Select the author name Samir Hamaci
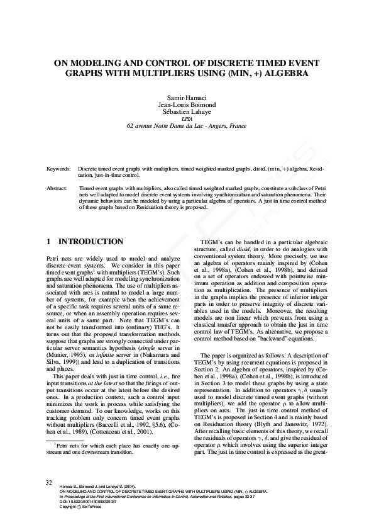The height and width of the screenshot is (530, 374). point(187,98)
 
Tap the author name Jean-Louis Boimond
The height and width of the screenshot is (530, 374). point(187,104)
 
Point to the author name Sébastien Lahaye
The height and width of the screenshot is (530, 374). point(187,111)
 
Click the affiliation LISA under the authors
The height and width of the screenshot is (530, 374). point(187,118)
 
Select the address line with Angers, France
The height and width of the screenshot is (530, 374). point(187,125)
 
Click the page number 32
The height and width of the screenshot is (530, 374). point(49,482)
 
